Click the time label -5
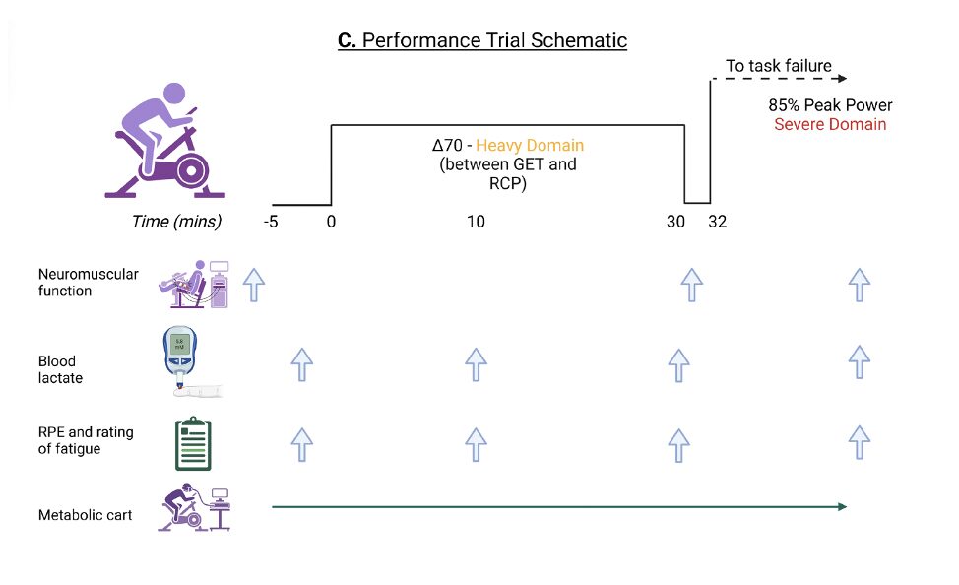(x=271, y=222)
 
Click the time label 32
(x=717, y=222)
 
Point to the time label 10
(x=476, y=222)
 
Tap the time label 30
(x=675, y=222)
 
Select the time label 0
(x=331, y=222)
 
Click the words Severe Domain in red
(x=830, y=125)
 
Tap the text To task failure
(x=778, y=67)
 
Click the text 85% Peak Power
(x=830, y=105)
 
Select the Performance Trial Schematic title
(x=481, y=41)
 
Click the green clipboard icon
(x=191, y=444)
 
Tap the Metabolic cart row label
(x=85, y=515)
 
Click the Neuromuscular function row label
(x=88, y=283)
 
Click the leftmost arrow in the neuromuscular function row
(x=254, y=284)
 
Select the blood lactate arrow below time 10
(x=476, y=363)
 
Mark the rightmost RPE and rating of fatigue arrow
(x=860, y=442)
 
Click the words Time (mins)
(x=176, y=222)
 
